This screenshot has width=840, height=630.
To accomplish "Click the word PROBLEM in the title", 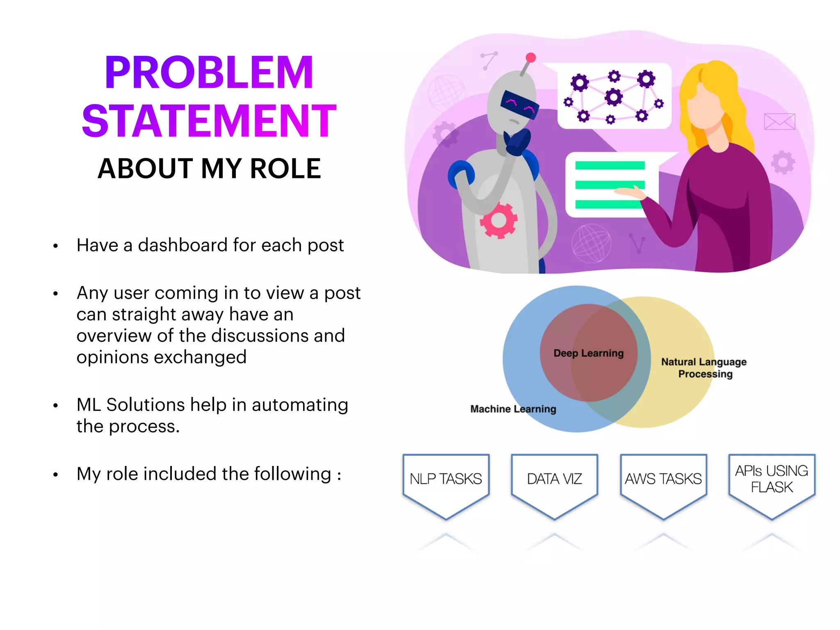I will (209, 73).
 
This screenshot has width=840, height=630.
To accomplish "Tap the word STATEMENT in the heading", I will (209, 121).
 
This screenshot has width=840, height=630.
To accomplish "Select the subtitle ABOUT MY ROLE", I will (209, 169).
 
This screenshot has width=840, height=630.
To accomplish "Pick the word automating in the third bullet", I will (300, 405).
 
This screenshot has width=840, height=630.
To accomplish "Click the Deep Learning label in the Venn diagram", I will (589, 353).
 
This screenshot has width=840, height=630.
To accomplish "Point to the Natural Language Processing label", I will (704, 368).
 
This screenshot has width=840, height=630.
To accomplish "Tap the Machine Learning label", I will (513, 409).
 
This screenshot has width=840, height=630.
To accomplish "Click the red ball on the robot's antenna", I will (531, 57).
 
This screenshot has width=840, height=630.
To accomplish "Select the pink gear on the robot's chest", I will (499, 220).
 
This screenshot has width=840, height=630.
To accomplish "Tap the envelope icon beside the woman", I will (779, 121).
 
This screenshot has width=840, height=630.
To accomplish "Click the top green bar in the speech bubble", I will (610, 166).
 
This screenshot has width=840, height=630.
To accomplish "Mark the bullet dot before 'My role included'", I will (55, 475).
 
